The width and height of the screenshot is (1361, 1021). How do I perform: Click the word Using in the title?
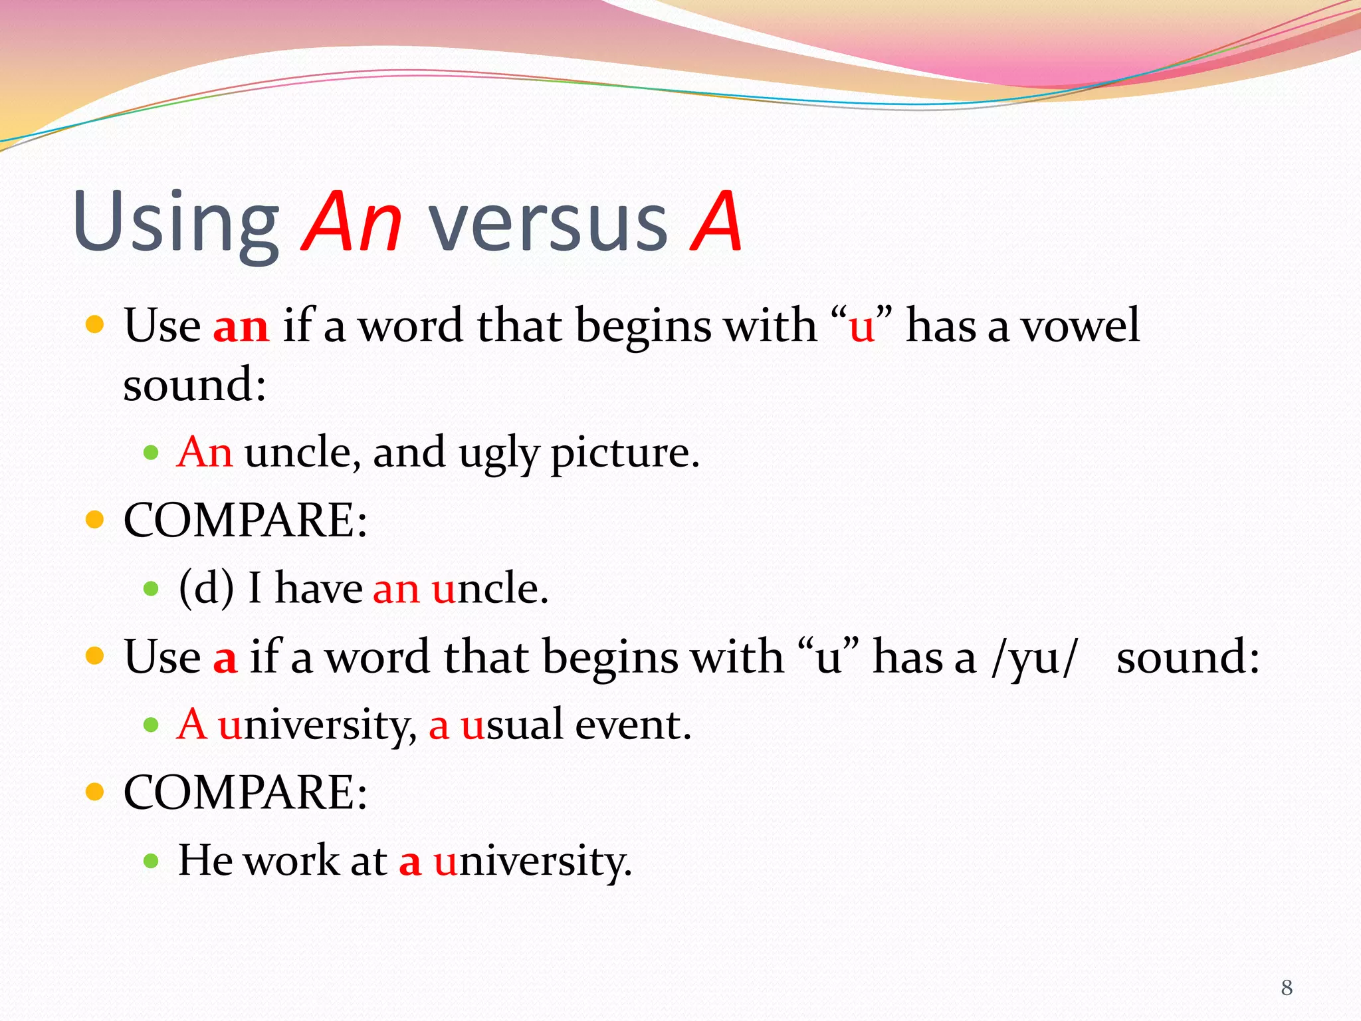[176, 223]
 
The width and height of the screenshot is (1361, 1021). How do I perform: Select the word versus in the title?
[548, 223]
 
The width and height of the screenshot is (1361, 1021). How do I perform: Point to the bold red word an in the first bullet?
[241, 326]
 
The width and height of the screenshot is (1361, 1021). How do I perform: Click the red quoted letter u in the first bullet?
[861, 328]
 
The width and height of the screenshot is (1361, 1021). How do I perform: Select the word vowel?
[1080, 326]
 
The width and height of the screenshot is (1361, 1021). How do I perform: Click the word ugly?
[498, 454]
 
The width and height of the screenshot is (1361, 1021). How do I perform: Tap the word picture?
[625, 454]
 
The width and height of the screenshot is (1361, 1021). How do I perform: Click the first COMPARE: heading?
[245, 520]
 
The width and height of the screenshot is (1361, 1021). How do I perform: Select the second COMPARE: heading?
[245, 792]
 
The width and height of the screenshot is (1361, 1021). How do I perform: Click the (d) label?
[206, 588]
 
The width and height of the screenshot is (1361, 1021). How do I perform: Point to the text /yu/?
[1032, 658]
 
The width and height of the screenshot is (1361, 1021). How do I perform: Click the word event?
[633, 725]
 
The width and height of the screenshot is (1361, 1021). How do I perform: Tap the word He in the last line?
[205, 860]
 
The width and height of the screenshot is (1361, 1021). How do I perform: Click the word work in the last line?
[292, 860]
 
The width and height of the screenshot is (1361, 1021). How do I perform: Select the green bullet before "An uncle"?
[152, 454]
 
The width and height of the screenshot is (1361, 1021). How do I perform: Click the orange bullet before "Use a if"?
[95, 656]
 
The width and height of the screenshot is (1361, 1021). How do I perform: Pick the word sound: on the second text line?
[195, 385]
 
